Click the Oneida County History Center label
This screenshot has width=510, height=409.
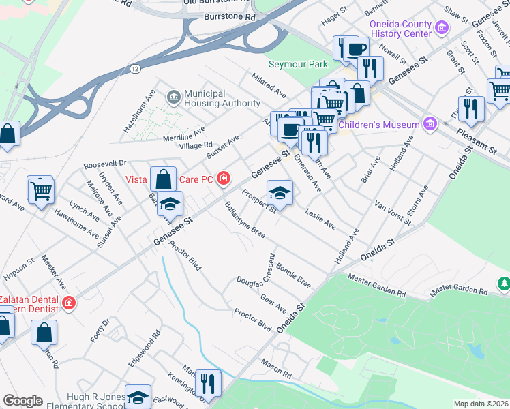[x=400, y=29]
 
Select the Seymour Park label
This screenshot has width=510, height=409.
[x=298, y=64]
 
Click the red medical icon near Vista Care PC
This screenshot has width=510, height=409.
[x=222, y=179]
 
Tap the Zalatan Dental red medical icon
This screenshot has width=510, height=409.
[x=68, y=303]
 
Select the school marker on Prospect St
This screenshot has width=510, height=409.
[x=280, y=193]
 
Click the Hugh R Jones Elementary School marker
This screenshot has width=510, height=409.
[x=138, y=397]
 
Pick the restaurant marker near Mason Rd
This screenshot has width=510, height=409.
[x=208, y=382]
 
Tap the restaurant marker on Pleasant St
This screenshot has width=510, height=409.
[x=471, y=108]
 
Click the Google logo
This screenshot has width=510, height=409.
[x=22, y=401]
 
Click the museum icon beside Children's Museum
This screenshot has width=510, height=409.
[x=430, y=124]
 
